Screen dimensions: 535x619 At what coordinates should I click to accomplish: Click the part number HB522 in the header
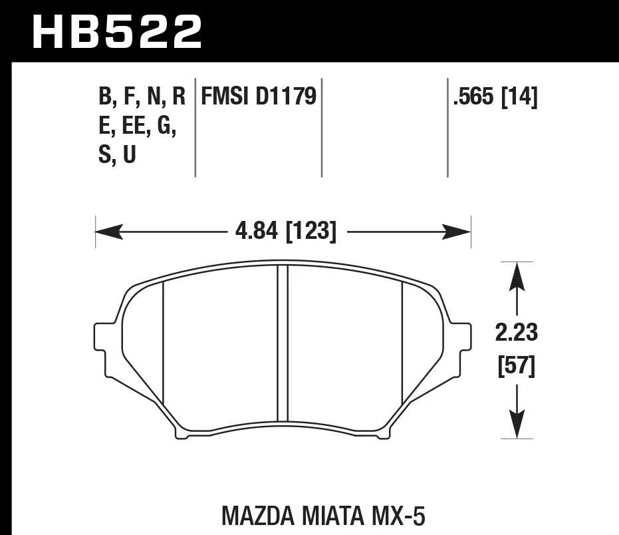117,31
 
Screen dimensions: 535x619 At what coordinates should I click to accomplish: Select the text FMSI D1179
254,98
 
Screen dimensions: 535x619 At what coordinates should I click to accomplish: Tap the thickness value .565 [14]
495,98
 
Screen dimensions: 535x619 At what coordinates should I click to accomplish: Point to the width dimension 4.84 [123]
285,232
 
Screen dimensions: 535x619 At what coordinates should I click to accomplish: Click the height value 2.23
517,332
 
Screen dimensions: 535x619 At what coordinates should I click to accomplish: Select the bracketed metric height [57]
517,366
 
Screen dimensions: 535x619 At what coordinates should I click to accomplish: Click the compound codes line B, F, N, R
142,98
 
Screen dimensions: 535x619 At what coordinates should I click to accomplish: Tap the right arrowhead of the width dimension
458,232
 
